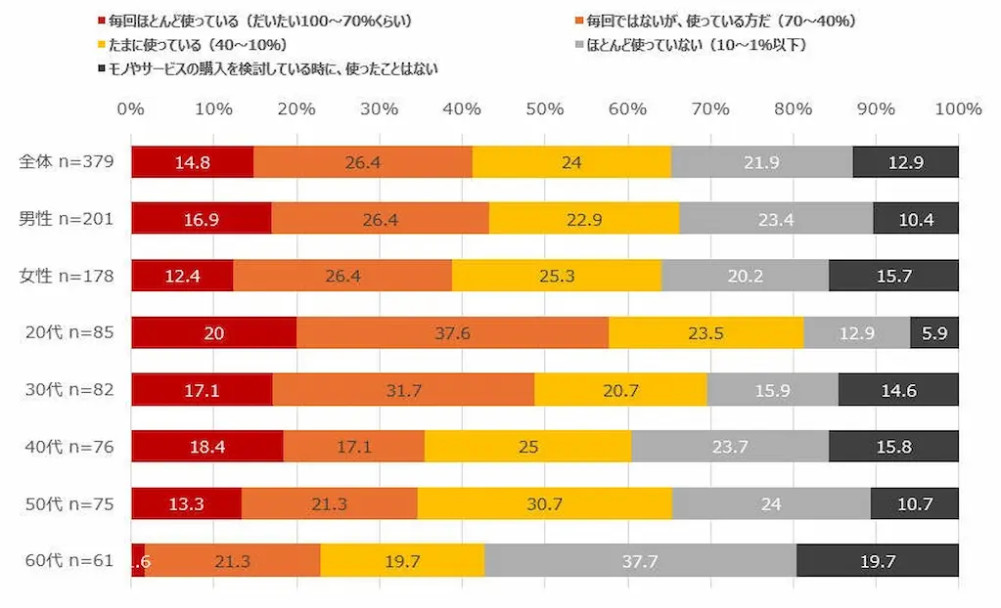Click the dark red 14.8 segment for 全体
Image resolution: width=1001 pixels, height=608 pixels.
point(192,162)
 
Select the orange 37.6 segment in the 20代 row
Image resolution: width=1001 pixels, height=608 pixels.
point(453,332)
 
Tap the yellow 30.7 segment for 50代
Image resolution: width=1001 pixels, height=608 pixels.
point(545,503)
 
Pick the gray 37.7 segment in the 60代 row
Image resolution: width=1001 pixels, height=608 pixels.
point(640,560)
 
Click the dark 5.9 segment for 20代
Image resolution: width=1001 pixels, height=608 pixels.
point(933,332)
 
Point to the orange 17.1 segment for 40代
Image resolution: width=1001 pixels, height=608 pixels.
point(353,446)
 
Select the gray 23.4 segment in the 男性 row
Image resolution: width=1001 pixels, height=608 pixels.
point(776,219)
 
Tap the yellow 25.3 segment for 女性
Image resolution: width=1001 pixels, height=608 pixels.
point(557,276)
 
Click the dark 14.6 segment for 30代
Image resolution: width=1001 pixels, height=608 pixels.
point(898,390)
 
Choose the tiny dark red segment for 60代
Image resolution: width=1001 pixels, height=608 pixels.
point(138,560)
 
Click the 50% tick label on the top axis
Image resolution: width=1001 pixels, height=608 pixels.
point(545,109)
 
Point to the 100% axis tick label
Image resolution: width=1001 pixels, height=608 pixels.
point(958,109)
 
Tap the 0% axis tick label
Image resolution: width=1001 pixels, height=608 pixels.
point(130,109)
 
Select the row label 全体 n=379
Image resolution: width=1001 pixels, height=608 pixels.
point(67,161)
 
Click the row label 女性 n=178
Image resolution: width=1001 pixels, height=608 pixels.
point(67,276)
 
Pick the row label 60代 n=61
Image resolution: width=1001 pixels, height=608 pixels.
point(69,560)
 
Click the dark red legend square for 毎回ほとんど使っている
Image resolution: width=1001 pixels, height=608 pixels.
point(101,22)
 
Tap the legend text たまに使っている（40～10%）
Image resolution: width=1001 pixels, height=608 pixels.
point(198,45)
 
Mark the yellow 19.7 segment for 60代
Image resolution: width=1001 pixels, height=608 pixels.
point(402,560)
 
